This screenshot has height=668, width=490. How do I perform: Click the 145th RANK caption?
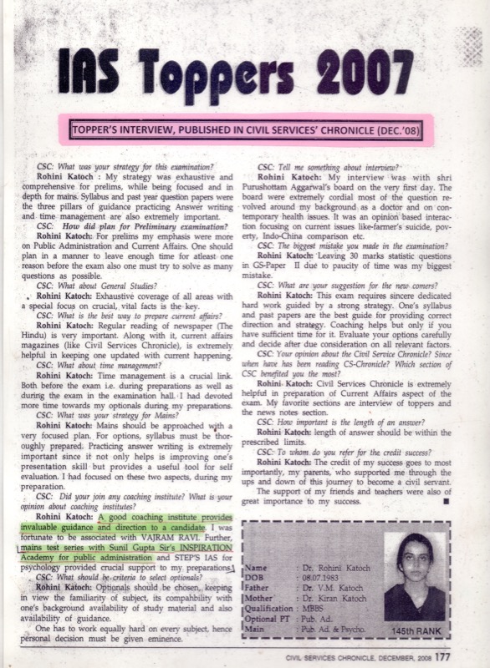[413, 625]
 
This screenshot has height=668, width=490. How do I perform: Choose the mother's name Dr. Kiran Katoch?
[317, 597]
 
